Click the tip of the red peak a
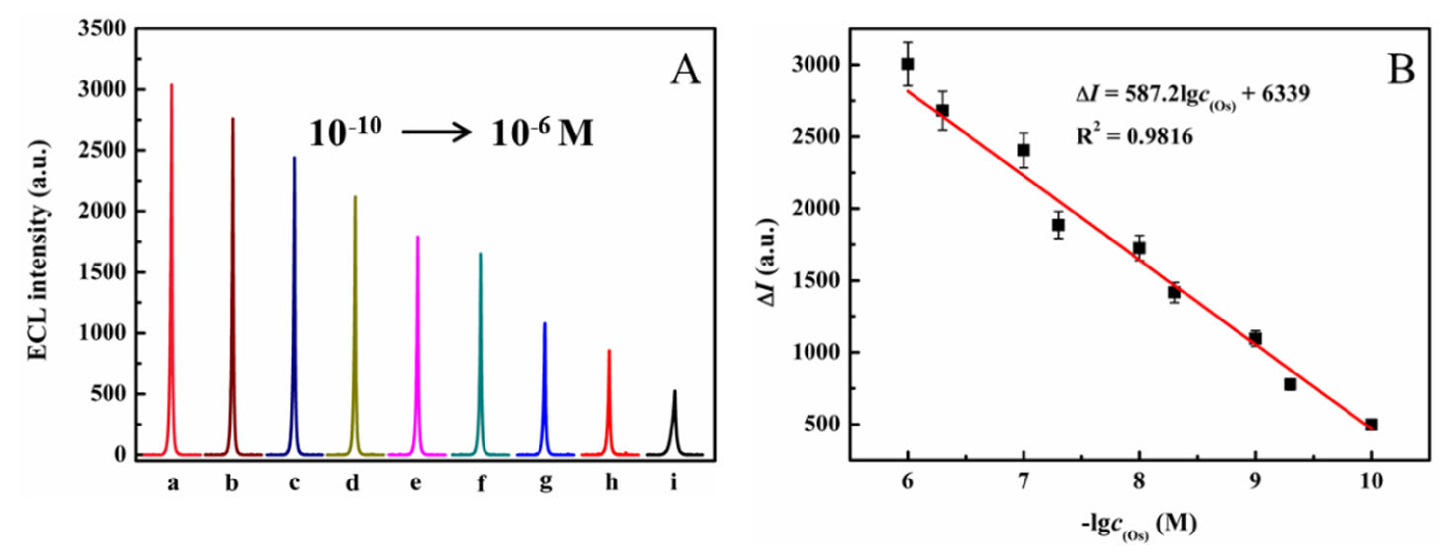(x=172, y=86)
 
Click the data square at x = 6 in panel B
(x=907, y=64)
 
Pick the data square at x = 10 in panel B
(x=1371, y=424)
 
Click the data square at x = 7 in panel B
(x=1024, y=150)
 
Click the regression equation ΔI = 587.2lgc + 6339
(x=1192, y=95)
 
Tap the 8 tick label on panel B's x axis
(x=1139, y=481)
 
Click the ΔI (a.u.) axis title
(x=769, y=263)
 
